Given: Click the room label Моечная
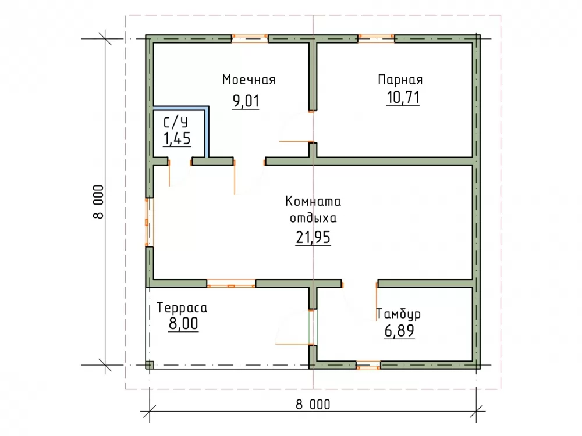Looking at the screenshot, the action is (249, 80).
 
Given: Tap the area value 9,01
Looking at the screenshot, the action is (246, 101).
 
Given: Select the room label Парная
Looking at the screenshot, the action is (400, 80).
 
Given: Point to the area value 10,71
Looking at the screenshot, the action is (403, 98).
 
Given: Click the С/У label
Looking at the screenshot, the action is (176, 122).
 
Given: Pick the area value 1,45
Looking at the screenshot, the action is (177, 139).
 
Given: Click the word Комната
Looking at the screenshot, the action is (313, 202).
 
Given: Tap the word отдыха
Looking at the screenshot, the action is (313, 218).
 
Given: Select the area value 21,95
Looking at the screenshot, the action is (313, 237).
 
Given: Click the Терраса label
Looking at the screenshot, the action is (182, 308).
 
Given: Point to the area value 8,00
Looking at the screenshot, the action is (183, 324).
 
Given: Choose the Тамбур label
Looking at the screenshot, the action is (399, 315).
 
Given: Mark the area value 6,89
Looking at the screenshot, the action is (399, 331).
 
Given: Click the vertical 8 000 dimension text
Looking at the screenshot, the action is (98, 202).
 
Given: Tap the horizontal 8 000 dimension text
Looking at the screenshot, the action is (313, 405).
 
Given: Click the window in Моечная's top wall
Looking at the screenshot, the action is (250, 38).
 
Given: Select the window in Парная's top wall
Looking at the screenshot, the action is (376, 38).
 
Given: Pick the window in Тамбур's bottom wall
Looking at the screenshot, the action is (368, 365).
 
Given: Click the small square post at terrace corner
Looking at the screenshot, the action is (149, 365).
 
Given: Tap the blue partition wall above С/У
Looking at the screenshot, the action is (181, 108).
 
